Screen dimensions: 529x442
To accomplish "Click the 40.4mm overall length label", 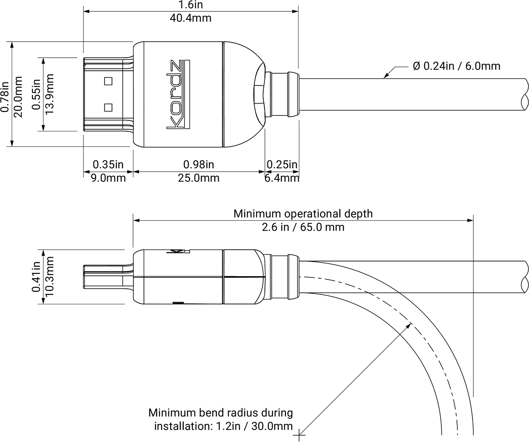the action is tap(190, 18).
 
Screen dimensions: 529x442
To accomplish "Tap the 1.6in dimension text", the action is tap(190, 5).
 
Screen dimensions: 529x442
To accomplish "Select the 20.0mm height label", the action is tap(18, 97).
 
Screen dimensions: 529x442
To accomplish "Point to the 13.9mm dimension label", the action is tap(50, 94).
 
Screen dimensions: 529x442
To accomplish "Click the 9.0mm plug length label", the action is tap(108, 178).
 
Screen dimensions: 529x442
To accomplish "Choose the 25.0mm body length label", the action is tap(199, 178).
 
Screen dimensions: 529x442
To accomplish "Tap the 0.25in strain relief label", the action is tap(282, 165).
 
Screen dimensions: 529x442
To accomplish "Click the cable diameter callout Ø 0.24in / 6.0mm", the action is tap(457, 66).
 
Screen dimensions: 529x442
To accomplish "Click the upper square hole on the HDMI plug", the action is tap(108, 81).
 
